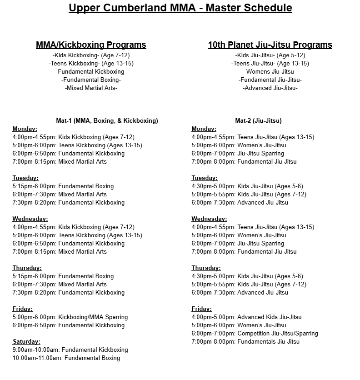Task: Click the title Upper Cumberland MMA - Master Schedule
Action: coord(180,8)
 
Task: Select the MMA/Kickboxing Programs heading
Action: coord(91,45)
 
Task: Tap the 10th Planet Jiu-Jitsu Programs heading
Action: coord(270,45)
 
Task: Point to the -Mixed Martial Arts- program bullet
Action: coord(91,88)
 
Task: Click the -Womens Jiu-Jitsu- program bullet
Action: coord(270,72)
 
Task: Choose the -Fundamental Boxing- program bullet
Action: coord(91,80)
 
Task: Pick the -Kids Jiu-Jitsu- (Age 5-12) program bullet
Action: coord(270,55)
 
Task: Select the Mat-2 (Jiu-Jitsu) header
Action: coord(258,121)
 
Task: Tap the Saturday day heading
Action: coord(26,342)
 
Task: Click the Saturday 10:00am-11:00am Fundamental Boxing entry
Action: coord(66,358)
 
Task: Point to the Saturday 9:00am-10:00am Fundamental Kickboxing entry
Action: coord(70,350)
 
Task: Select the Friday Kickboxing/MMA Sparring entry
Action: coord(70,317)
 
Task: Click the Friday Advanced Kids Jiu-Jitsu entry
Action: coord(246,317)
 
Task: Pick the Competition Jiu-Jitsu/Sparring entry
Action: coord(255,334)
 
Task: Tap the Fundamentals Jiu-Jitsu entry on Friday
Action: coord(245,342)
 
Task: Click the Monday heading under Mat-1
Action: coord(25,129)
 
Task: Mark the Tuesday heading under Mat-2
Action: coord(205,178)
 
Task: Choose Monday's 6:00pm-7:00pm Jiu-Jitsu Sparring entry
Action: coord(238,154)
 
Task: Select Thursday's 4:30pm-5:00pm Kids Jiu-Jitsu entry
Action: coord(247,276)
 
